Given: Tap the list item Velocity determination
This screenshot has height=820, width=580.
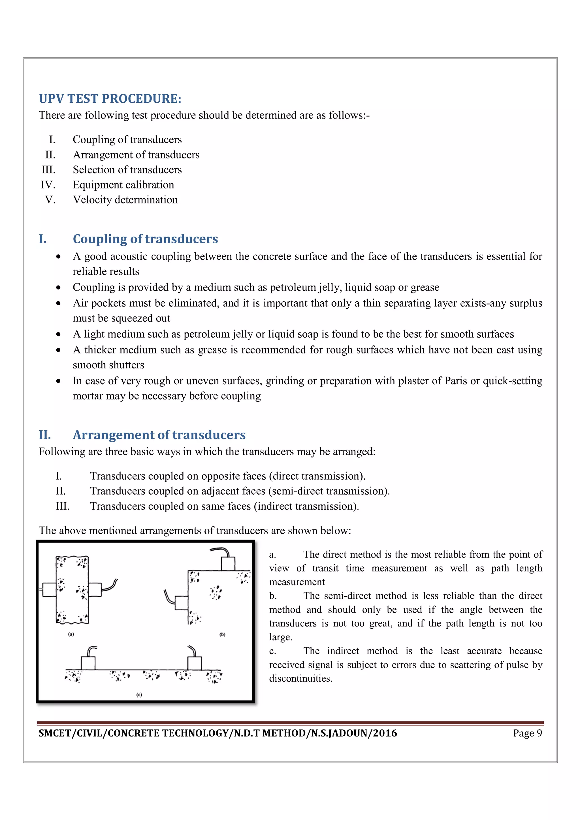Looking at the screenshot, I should pos(125,200).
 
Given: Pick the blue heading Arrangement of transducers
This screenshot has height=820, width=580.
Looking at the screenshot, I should pos(159,435).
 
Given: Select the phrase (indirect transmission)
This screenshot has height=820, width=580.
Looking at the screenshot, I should pos(306,506).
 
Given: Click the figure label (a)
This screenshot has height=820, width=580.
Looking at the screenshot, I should pos(71,634).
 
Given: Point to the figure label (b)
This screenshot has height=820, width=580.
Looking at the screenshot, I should pos(222,635).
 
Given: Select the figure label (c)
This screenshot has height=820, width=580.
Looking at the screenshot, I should pos(139,695).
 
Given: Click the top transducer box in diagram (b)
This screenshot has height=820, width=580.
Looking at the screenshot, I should pos(228,564).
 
